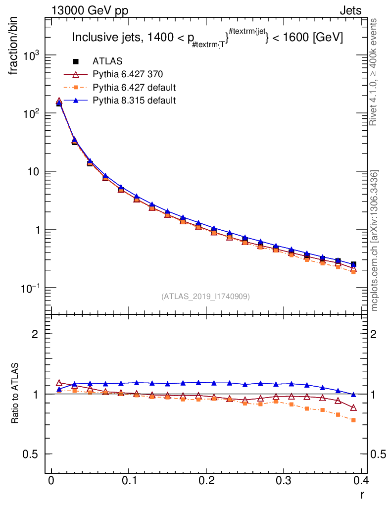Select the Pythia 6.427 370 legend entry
click(128, 74)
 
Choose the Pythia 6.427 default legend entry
click(134, 88)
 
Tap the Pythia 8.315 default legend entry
click(134, 101)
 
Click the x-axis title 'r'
click(362, 494)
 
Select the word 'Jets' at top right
click(350, 11)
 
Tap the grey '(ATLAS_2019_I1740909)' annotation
click(205, 297)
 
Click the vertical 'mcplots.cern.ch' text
click(375, 241)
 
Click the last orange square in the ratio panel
click(353, 420)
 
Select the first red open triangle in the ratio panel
click(59, 383)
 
